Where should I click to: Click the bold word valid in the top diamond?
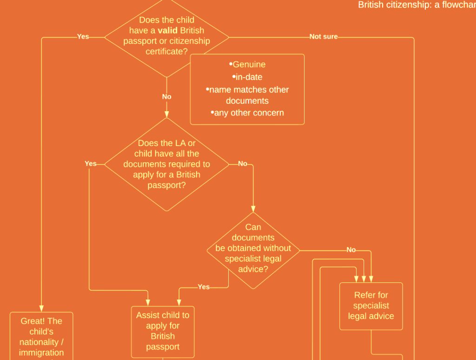167,30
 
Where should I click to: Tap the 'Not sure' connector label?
324,37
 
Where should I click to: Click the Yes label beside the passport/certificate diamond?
83,36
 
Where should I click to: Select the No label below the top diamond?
167,97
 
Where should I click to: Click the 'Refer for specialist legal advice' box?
371,306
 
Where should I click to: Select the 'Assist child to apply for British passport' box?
163,332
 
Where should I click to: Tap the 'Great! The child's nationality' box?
41,336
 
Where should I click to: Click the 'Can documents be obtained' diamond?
253,250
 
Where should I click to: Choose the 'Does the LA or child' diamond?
167,164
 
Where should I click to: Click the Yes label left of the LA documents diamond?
91,164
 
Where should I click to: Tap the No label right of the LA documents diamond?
243,164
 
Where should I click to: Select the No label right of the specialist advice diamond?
351,250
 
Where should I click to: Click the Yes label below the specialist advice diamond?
204,287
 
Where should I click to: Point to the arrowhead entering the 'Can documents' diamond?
253,209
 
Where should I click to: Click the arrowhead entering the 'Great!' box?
41,309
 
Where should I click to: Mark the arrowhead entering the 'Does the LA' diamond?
167,114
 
